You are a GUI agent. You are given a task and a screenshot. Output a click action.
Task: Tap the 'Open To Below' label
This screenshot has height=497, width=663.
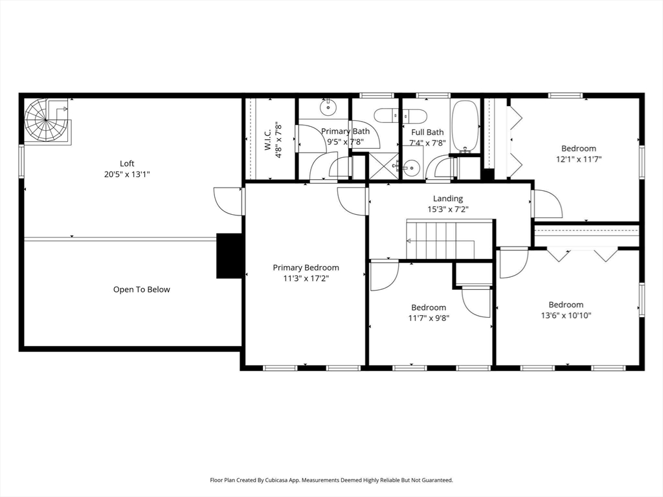coord(142,289)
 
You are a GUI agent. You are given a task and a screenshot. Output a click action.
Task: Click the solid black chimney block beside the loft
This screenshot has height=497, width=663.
coord(229,256)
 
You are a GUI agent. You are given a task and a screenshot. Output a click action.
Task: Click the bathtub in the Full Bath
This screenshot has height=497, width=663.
coord(465,126)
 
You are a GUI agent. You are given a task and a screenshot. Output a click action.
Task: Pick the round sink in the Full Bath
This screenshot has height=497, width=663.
coord(412,167)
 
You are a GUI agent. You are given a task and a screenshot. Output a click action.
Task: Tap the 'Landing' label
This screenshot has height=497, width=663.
coord(448,199)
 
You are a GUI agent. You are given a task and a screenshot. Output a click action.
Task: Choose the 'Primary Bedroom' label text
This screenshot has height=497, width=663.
coord(306,267)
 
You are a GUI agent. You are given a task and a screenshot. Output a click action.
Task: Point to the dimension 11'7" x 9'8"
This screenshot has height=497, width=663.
coord(429,318)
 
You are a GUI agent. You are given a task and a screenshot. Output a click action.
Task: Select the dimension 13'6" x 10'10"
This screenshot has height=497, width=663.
coord(566,315)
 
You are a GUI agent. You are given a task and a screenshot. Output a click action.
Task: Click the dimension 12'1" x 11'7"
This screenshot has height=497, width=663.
coord(578,159)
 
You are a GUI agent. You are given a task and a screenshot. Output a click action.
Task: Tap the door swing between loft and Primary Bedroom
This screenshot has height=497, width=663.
coord(228,200)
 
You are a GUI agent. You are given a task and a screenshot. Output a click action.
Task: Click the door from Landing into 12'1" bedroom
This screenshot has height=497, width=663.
coord(545,203)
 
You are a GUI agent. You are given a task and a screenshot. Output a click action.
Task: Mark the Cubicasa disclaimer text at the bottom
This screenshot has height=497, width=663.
coord(331,480)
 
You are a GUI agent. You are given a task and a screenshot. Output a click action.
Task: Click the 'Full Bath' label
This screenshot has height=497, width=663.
coord(427,132)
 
